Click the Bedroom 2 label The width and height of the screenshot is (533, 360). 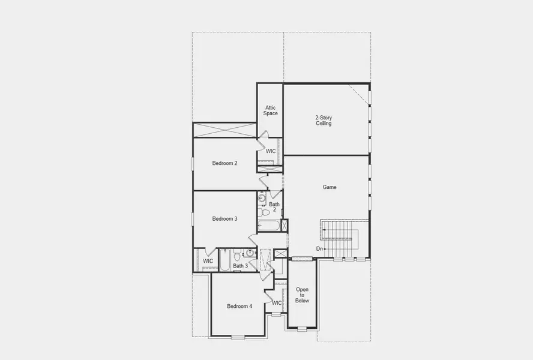[224, 163]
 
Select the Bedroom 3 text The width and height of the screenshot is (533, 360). [224, 219]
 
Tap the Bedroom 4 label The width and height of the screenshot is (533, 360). [239, 307]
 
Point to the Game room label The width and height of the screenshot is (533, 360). [330, 187]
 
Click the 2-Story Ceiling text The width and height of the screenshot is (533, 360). [324, 120]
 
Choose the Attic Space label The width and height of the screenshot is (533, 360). [270, 110]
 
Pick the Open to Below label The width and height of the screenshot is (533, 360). [302, 295]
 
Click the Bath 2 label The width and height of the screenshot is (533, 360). [274, 207]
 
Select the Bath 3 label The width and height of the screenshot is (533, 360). [240, 266]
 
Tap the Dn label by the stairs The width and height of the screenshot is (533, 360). [320, 248]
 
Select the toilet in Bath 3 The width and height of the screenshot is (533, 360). [237, 254]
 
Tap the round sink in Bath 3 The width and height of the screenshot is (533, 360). [251, 253]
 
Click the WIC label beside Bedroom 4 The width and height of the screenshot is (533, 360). [277, 303]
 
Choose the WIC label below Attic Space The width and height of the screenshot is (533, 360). [271, 151]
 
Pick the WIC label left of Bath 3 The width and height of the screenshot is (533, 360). [208, 261]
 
